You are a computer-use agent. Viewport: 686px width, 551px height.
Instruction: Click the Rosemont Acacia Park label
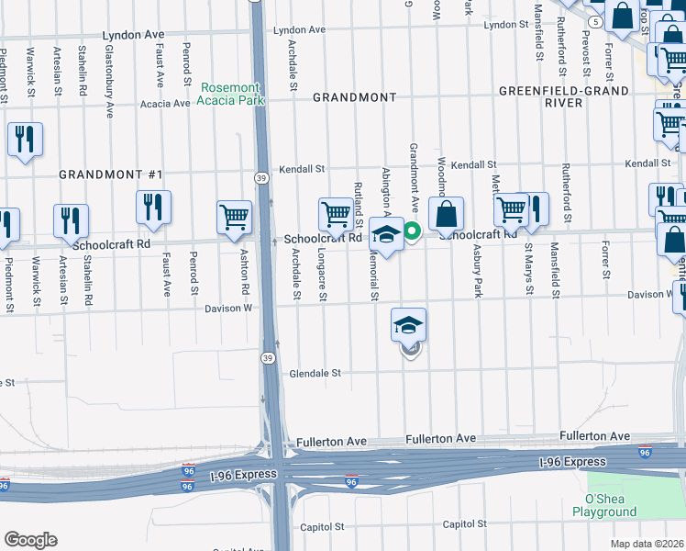click(x=232, y=93)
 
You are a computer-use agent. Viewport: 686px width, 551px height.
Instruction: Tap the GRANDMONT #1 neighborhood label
click(x=111, y=174)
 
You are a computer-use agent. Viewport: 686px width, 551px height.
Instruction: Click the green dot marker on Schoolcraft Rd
click(x=413, y=231)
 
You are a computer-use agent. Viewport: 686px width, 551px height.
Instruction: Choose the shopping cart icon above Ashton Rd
click(x=235, y=218)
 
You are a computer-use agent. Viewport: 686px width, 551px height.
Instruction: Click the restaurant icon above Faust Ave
click(x=153, y=208)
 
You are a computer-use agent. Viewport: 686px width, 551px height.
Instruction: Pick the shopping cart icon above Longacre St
click(x=337, y=215)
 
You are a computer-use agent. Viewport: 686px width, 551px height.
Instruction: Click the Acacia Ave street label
click(x=165, y=104)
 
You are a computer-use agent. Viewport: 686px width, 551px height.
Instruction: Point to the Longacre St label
click(x=322, y=274)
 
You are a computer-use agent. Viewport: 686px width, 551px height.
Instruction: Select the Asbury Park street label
click(x=477, y=271)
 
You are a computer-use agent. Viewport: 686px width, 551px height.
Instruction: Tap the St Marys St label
click(x=528, y=269)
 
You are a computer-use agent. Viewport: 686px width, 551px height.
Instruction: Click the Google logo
click(x=30, y=540)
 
